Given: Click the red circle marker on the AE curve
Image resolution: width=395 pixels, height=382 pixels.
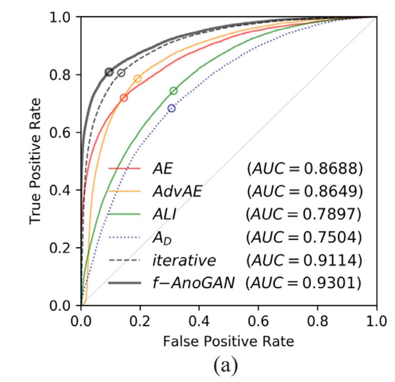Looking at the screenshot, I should [x=124, y=98].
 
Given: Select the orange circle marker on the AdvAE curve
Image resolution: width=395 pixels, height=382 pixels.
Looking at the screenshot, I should [x=138, y=78].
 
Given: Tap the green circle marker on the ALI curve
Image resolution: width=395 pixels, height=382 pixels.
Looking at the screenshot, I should [x=173, y=91].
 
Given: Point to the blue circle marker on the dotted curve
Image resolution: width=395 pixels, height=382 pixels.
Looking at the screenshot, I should [x=172, y=108].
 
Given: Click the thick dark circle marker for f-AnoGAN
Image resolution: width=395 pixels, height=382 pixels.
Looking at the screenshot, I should [x=109, y=72].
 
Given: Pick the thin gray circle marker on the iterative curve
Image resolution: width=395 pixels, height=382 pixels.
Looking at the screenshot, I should [x=121, y=73].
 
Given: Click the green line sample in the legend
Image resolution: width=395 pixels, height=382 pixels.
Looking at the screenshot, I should [x=125, y=214].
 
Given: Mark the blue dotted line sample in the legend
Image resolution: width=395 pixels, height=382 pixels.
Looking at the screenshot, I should [x=125, y=237].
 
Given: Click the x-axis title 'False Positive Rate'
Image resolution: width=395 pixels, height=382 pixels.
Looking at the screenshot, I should [x=228, y=341].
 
